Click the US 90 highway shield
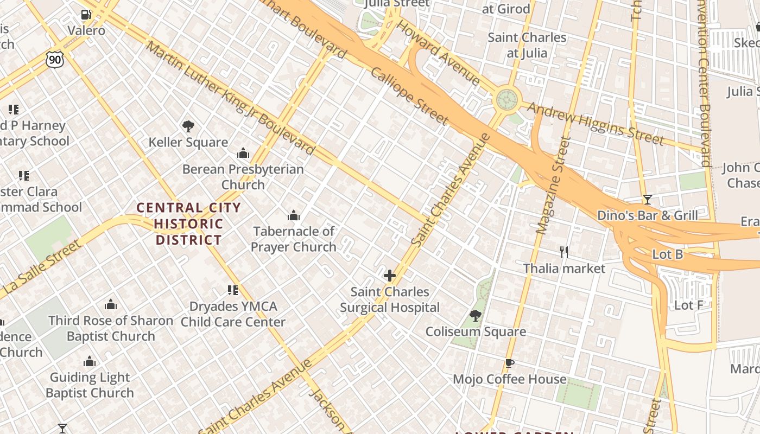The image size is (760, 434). [54, 59]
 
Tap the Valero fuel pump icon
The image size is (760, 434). [86, 15]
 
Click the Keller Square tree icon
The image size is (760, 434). [188, 126]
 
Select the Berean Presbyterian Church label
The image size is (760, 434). [243, 177]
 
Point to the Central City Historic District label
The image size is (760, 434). [188, 224]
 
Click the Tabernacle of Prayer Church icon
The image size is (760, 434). [294, 216]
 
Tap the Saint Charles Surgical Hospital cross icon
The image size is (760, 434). [390, 276]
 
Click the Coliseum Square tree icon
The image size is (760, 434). [476, 316]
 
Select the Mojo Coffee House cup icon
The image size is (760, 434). [509, 363]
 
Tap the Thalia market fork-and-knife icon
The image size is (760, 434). [564, 252]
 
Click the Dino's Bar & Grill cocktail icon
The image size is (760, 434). [647, 200]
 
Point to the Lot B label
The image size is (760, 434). [667, 254]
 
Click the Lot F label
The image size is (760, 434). [688, 305]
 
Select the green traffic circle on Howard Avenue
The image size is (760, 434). [507, 99]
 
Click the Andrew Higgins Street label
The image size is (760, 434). [596, 124]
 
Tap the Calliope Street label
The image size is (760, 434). [409, 97]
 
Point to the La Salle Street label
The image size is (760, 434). [42, 269]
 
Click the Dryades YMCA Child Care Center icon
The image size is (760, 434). [233, 290]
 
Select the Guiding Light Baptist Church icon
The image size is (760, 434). [90, 361]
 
